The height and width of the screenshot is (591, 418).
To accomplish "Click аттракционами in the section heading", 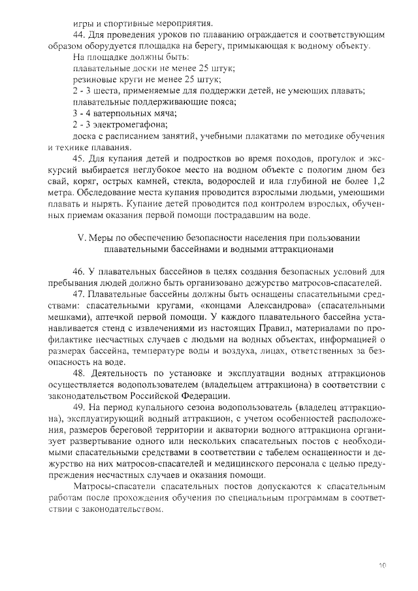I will coord(299,249).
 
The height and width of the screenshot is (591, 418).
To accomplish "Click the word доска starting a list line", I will coord(84,135).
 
